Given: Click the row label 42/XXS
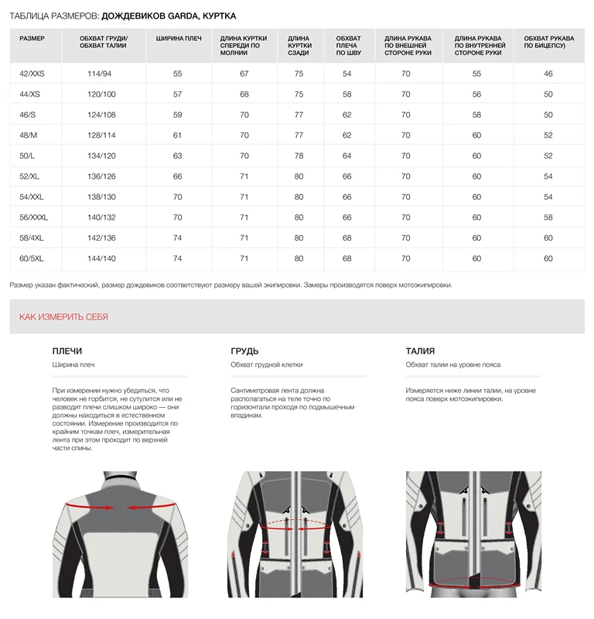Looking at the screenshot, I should (x=32, y=74).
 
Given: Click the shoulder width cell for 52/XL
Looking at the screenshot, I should (x=178, y=176).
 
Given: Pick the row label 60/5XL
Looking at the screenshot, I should (x=32, y=258).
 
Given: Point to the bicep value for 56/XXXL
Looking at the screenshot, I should (x=548, y=217).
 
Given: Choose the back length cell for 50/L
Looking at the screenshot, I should (x=299, y=156).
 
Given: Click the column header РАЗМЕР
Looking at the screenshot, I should (x=32, y=38).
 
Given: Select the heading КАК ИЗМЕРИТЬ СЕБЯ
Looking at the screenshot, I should (x=63, y=317).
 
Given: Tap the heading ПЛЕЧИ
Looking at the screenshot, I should (x=67, y=351).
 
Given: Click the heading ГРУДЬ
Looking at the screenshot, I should (x=244, y=351).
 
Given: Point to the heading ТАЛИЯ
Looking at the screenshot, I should (x=420, y=351).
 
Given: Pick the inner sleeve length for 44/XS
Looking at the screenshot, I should (x=476, y=94).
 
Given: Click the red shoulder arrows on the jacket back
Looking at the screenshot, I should (x=118, y=507).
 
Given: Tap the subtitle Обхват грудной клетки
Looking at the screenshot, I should (x=266, y=364).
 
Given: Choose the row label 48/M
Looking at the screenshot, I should (x=29, y=135).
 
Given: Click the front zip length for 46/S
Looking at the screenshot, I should (x=244, y=115).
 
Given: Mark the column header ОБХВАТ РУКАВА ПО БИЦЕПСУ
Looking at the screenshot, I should (x=548, y=42).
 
